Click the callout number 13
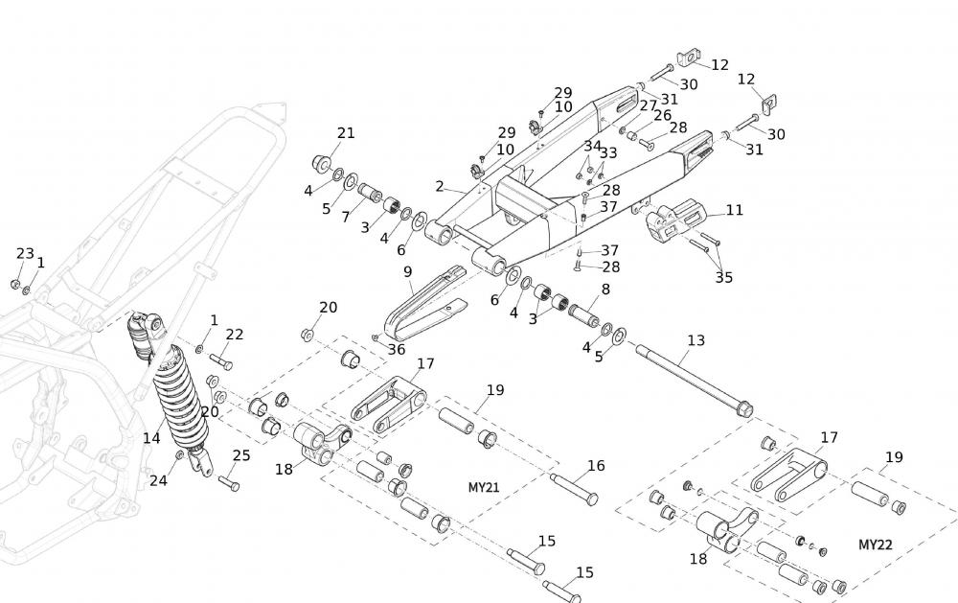(696, 340)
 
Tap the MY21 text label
(485, 487)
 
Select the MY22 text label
(875, 545)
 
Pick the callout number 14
(151, 438)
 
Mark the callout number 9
(407, 272)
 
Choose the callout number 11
(734, 210)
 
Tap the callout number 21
(346, 132)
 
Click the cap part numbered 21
(322, 160)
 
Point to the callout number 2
(440, 186)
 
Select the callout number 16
(596, 466)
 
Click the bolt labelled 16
(574, 487)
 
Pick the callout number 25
(241, 455)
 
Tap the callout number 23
(25, 253)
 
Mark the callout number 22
(235, 334)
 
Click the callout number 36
(397, 349)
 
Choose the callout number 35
(723, 278)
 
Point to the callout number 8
(604, 289)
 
